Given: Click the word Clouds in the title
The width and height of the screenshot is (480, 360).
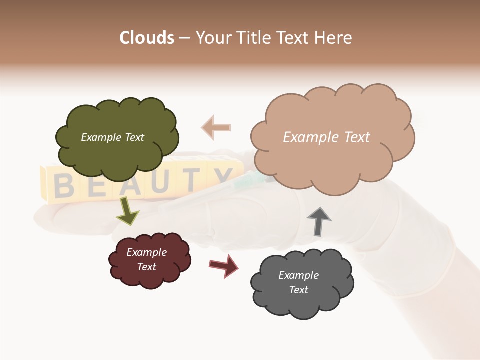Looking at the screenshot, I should pyautogui.click(x=147, y=38).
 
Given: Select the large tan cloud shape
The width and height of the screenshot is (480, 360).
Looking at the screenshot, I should pyautogui.click(x=332, y=160).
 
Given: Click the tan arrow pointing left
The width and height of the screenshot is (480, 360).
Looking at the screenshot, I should pyautogui.click(x=216, y=127).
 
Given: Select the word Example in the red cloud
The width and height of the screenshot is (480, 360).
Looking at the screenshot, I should pyautogui.click(x=146, y=252).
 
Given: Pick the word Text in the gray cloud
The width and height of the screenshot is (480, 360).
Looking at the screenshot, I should pyautogui.click(x=298, y=290).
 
